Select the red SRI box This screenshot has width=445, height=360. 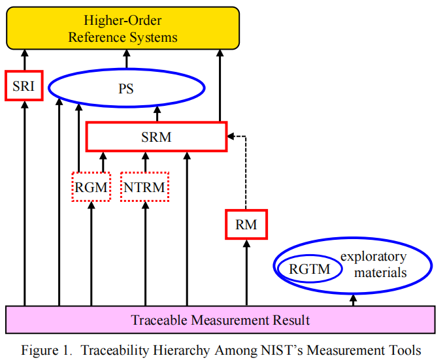[24, 84]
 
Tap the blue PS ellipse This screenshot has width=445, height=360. [126, 88]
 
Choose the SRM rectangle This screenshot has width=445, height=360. [156, 137]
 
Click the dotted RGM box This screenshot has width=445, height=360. [91, 187]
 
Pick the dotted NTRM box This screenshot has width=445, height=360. [144, 187]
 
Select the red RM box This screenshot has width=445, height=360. [246, 225]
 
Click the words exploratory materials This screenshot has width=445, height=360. [380, 264]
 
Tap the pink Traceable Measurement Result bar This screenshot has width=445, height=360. [220, 320]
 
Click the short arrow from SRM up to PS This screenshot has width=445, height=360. [157, 114]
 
